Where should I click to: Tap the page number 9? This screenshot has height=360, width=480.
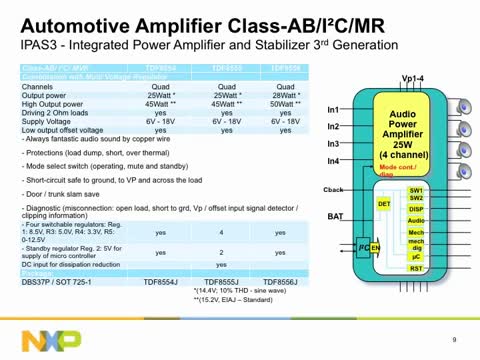454,338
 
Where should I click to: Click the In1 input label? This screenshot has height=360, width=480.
333,109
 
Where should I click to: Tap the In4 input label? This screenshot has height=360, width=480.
333,161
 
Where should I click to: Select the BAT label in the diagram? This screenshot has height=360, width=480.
336,216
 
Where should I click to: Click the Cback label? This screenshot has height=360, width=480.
334,189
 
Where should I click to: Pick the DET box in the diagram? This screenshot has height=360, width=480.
384,204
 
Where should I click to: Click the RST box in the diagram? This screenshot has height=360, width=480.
416,268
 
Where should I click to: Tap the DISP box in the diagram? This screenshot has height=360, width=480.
416,209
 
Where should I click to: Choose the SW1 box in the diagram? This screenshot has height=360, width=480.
416,189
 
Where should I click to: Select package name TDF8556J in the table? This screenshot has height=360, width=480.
282,283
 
